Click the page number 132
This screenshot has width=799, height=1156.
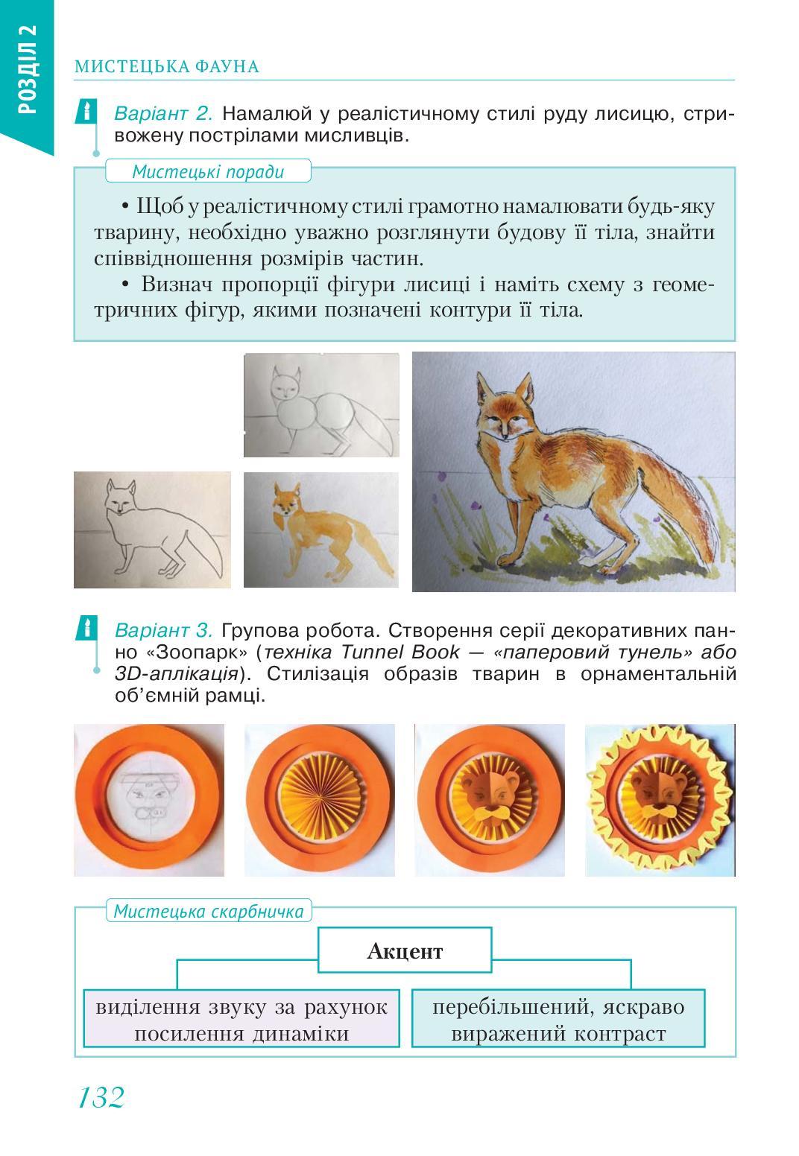pyautogui.click(x=101, y=1096)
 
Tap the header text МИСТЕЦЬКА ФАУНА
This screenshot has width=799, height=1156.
pyautogui.click(x=167, y=67)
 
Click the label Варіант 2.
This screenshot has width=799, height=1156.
pyautogui.click(x=164, y=114)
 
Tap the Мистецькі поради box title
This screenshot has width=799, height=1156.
pyautogui.click(x=208, y=172)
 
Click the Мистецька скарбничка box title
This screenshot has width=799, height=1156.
pyautogui.click(x=209, y=911)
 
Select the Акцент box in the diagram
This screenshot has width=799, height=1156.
pyautogui.click(x=405, y=951)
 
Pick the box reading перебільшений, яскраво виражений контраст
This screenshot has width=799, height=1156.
pyautogui.click(x=558, y=1020)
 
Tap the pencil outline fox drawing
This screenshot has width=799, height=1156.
pyautogui.click(x=152, y=530)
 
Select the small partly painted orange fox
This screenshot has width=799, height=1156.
pyautogui.click(x=320, y=530)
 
